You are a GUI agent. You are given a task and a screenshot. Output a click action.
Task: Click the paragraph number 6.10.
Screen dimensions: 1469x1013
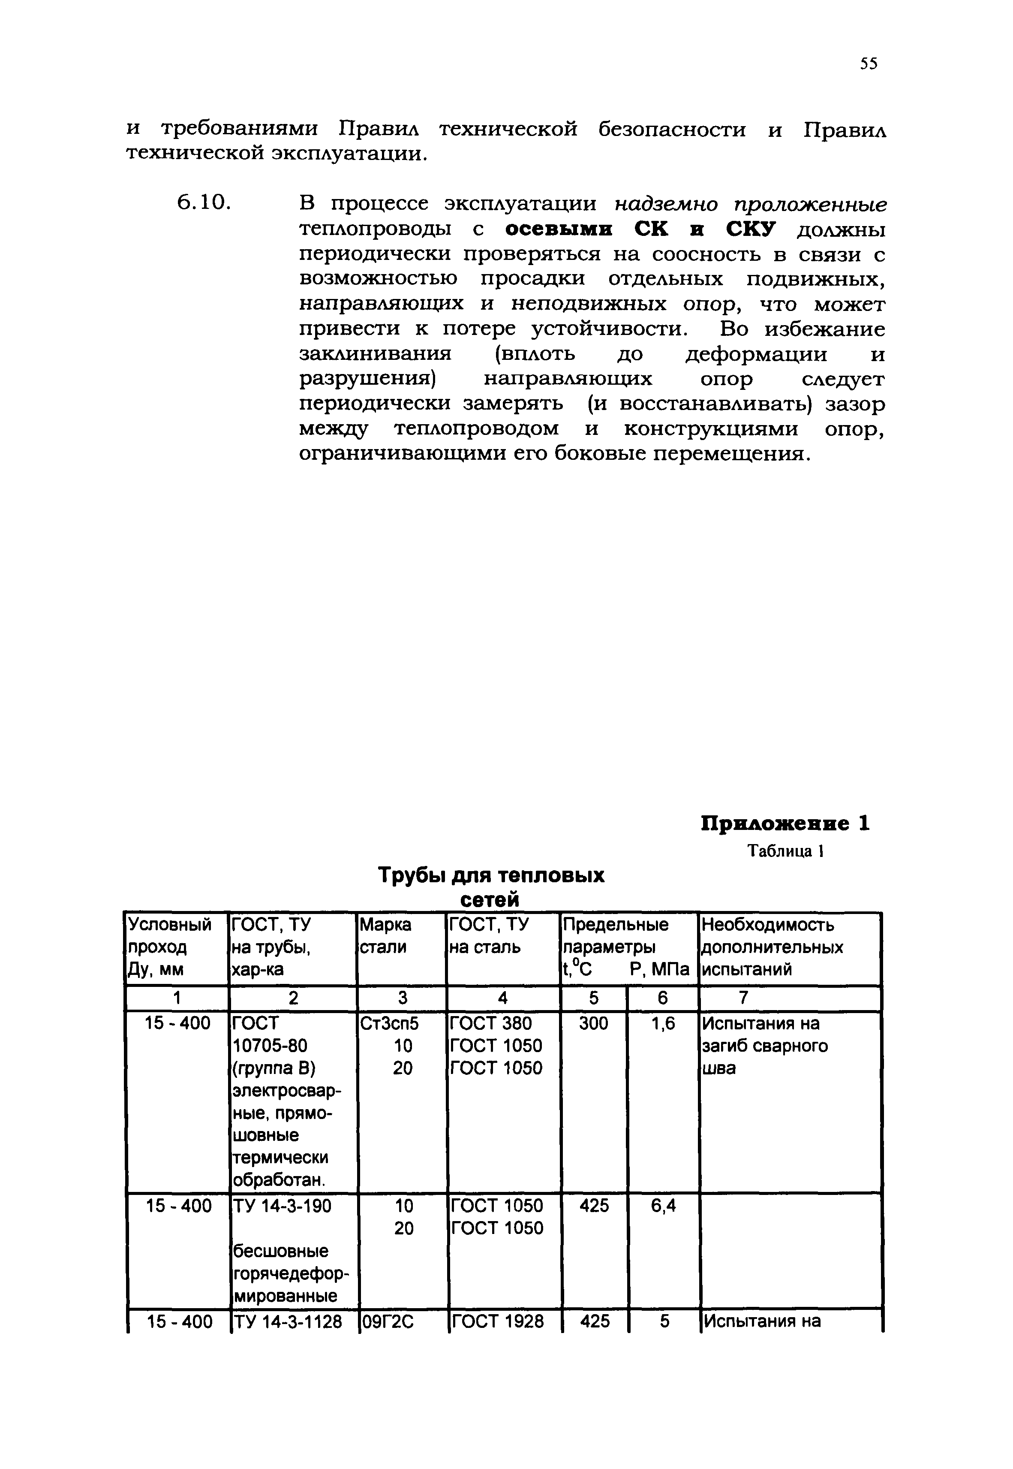202,203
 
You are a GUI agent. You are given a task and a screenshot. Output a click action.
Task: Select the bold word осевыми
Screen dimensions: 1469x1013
562,229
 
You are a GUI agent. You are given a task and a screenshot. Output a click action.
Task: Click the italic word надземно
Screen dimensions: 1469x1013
667,204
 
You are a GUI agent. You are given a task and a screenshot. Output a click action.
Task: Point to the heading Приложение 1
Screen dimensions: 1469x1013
785,824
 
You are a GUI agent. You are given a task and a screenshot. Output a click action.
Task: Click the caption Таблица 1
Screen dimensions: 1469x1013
785,851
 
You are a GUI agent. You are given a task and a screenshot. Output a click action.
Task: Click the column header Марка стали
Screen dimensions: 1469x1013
385,936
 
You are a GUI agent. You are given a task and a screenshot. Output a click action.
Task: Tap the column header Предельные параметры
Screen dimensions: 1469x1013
616,936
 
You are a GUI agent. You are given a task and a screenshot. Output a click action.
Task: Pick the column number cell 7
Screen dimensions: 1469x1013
743,998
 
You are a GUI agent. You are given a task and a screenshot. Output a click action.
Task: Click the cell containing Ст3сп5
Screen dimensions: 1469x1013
389,1023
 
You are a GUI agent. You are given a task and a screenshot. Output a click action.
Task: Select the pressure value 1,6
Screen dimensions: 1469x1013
663,1023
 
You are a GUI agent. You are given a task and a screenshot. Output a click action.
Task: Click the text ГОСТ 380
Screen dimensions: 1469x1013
490,1023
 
